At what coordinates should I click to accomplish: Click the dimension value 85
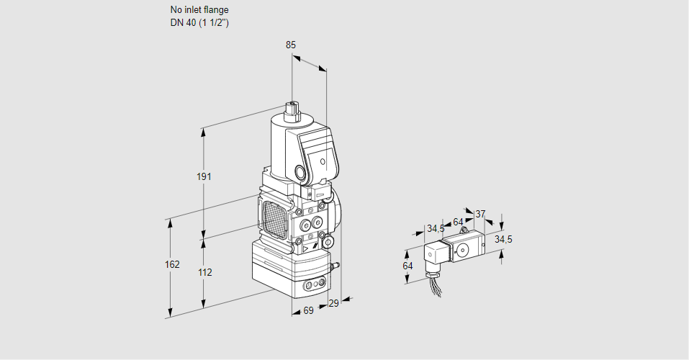[x=290, y=45]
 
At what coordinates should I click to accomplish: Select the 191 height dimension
[x=204, y=177]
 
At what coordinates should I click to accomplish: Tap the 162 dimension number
[x=171, y=264]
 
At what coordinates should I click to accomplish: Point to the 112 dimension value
[x=204, y=272]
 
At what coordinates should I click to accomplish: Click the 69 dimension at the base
[x=308, y=310]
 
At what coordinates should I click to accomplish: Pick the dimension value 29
[x=333, y=304]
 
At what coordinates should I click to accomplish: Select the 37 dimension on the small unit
[x=480, y=214]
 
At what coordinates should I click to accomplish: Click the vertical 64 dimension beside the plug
[x=407, y=266]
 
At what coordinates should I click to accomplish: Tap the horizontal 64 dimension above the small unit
[x=458, y=222]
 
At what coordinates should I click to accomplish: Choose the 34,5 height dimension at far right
[x=503, y=239]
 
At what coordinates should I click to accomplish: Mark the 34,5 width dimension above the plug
[x=436, y=229]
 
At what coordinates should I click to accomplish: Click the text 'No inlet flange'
[x=199, y=10]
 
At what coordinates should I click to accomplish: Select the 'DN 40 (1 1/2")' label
[x=200, y=23]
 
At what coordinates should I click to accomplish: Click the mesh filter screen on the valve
[x=274, y=217]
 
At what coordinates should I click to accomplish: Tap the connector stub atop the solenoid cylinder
[x=292, y=110]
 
